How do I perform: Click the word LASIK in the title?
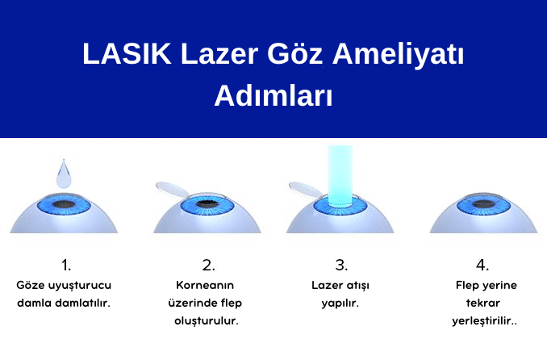[x=124, y=56]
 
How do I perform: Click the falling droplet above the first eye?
[x=65, y=172]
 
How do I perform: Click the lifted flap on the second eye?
[x=173, y=186]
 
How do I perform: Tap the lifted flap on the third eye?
[x=307, y=186]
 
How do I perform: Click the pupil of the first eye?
[x=65, y=203]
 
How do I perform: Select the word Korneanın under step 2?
[x=207, y=285]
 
